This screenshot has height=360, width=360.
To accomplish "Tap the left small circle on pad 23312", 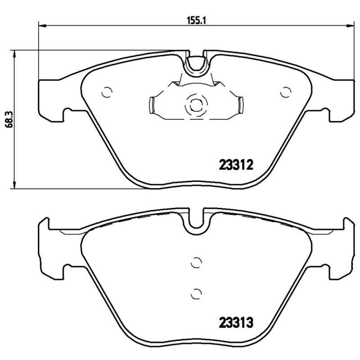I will pyautogui.click(x=107, y=91).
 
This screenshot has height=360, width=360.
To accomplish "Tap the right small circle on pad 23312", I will pyautogui.click(x=284, y=91).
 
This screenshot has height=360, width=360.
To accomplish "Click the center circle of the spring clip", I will pyautogui.click(x=195, y=106).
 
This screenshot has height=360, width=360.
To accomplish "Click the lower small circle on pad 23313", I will pyautogui.click(x=195, y=293).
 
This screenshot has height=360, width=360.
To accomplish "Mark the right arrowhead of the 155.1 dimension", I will pyautogui.click(x=350, y=25).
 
